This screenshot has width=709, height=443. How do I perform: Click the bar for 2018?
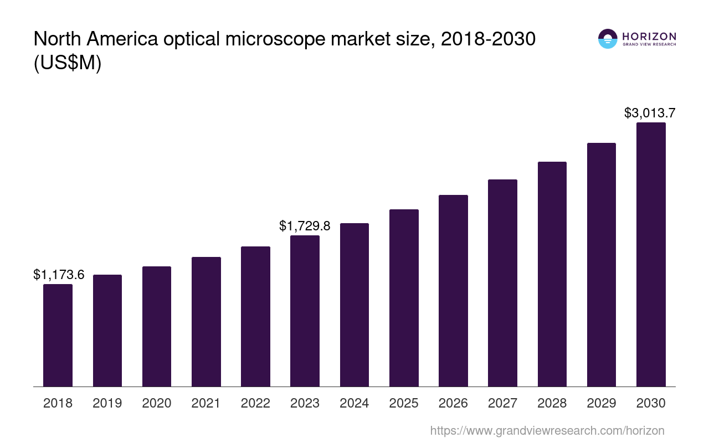58,335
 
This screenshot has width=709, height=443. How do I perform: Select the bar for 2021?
206,322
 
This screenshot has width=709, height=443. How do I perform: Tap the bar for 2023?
305,311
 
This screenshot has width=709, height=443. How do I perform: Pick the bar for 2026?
453,291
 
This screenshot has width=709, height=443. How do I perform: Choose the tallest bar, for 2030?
651,254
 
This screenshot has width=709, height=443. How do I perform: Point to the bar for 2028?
552,274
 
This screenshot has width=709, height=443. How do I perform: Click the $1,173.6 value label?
59,274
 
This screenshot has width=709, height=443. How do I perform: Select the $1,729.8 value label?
305,226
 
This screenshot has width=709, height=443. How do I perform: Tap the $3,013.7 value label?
649,113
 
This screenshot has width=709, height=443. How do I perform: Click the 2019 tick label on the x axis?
107,403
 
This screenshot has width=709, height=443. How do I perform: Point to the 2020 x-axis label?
157,403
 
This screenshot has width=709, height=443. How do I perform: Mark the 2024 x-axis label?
354,403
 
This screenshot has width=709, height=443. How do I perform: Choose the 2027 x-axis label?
502,403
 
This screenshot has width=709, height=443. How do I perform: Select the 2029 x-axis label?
602,403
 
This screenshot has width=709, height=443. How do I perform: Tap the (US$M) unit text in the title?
68,63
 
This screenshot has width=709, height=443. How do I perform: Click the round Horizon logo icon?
608,39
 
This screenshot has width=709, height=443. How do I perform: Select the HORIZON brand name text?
649,36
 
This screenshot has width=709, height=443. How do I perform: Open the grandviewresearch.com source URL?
547,430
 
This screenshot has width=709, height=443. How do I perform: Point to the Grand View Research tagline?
649,44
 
